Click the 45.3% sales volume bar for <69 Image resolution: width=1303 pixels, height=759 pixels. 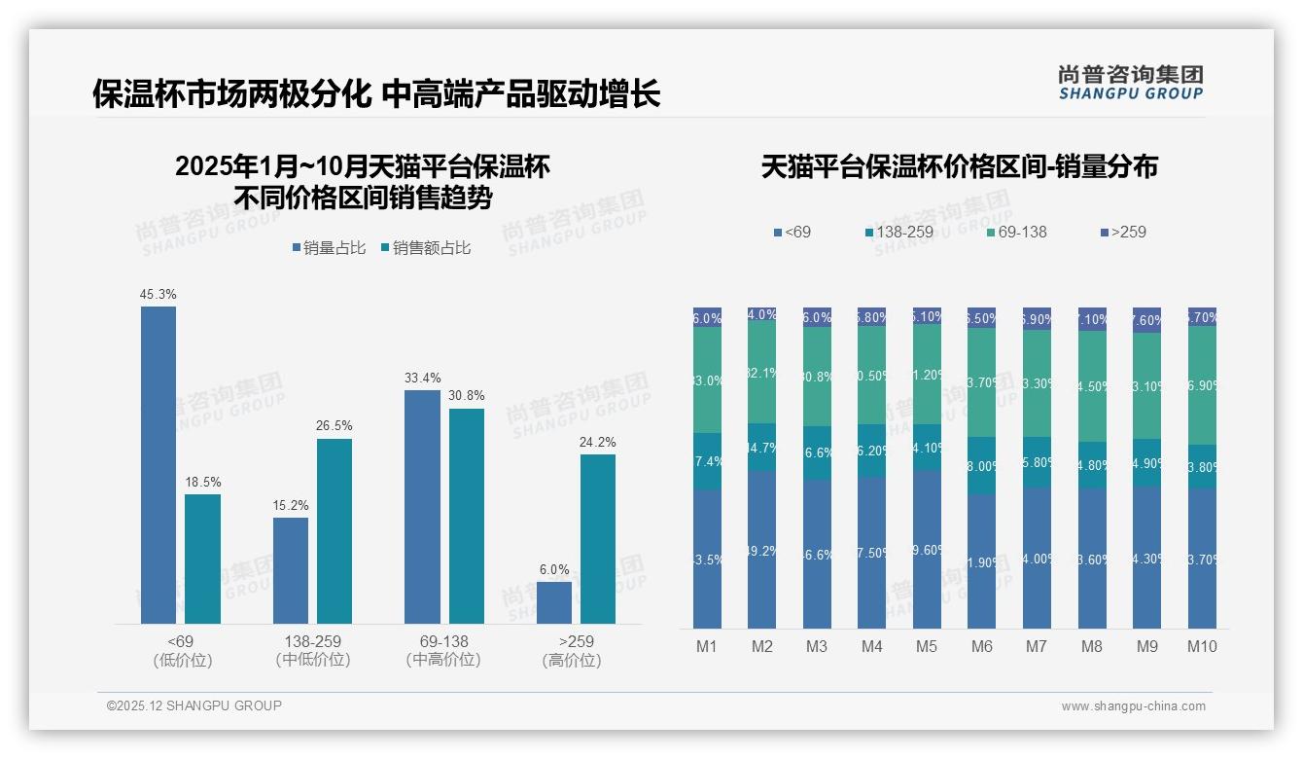click(158, 465)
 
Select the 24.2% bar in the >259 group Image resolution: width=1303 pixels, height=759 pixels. click(598, 539)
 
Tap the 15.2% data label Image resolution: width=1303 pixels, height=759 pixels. click(291, 506)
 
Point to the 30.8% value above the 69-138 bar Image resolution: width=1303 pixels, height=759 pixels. click(467, 396)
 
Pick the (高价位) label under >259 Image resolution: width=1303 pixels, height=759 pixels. click(571, 661)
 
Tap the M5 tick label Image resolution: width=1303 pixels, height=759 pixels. click(927, 647)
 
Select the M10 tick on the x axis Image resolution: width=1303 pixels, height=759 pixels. click(1202, 647)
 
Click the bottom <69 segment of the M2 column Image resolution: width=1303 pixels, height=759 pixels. click(762, 550)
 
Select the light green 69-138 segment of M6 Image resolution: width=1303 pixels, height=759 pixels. click(982, 382)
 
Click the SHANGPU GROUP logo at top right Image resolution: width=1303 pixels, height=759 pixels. click(1130, 83)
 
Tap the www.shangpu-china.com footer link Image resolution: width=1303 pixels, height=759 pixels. click(1133, 706)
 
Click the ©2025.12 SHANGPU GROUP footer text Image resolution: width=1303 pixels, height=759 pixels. click(194, 705)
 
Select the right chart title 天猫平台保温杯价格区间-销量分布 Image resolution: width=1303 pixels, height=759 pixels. click(959, 167)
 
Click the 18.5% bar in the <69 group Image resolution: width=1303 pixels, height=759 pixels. click(203, 559)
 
